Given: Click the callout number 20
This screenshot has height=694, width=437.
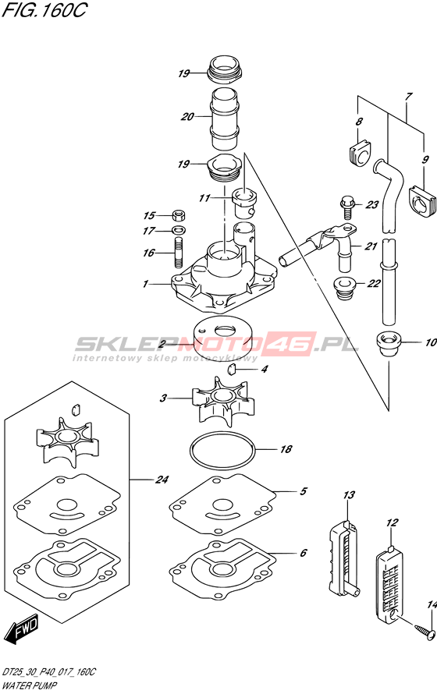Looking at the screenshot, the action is click(x=187, y=116).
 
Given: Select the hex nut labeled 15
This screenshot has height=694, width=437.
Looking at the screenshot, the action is click(x=178, y=216).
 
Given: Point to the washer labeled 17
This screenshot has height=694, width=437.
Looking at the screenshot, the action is click(x=179, y=230).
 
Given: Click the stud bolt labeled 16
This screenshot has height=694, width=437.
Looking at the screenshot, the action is click(x=179, y=253).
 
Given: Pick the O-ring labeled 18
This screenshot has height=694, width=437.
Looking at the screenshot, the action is click(x=222, y=450).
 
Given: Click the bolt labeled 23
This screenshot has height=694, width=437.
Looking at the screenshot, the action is click(x=348, y=207).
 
